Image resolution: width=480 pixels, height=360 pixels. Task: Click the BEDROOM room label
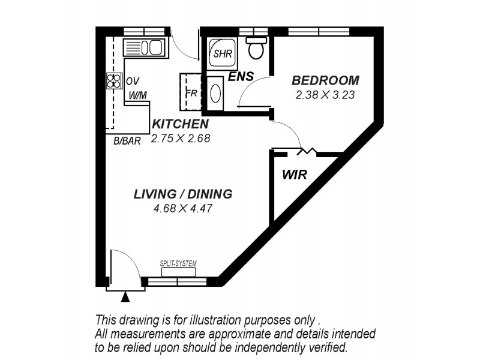pos(325,80)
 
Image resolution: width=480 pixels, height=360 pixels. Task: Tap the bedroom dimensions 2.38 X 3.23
pos(325,95)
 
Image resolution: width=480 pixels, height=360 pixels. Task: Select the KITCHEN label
pos(181,124)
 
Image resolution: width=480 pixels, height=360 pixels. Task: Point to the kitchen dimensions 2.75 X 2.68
pos(181,139)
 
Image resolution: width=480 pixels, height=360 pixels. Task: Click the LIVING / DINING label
pos(183,194)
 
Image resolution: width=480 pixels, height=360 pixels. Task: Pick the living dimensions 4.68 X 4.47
pos(183,208)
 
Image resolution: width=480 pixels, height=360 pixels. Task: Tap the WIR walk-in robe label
pos(295,175)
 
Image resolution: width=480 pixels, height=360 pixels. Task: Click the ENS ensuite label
pos(241,77)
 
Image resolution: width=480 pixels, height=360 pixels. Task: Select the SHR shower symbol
pos(223,54)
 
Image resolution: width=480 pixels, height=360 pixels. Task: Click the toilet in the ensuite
pos(256,48)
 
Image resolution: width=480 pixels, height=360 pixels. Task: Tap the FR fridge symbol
pos(190,92)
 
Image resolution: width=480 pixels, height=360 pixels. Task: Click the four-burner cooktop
pos(114,81)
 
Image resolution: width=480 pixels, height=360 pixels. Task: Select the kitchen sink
pos(144,47)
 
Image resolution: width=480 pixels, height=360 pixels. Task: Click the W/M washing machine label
pos(138,96)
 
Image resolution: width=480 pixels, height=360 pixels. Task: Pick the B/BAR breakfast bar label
pos(127,141)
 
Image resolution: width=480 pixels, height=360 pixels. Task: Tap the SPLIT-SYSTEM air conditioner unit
pos(178,272)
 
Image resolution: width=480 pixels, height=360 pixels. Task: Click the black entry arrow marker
pos(125,297)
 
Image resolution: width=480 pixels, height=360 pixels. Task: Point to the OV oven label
pos(133,81)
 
